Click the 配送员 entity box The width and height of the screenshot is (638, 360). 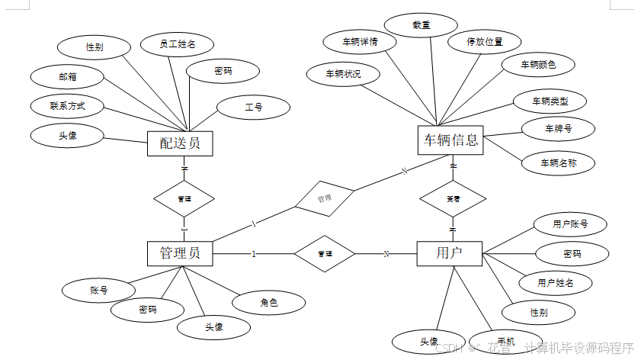pos(179,143)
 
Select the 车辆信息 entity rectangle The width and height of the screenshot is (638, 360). pos(451,140)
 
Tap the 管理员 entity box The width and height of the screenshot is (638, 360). pos(180,253)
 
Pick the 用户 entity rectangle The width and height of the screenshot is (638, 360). pos(450,253)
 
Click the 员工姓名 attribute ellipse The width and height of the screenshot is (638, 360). pos(178,45)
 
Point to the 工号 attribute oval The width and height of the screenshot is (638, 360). pos(254,108)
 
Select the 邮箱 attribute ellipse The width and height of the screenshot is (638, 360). pos(67,76)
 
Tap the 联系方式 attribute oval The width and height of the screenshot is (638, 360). pos(67,106)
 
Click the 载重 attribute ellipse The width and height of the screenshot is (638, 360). pos(421,25)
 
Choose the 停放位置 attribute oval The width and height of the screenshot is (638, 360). pos(485,42)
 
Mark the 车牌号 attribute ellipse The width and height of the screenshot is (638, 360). pos(558,129)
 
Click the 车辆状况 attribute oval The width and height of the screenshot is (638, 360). pos(343,74)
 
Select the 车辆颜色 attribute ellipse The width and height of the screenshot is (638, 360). pos(538,65)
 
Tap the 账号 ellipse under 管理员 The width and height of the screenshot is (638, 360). pos(98,290)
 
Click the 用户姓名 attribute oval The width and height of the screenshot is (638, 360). pos(555,283)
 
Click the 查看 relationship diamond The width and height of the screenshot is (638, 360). pos(453,198)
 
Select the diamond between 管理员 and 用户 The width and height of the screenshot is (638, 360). pos(325,253)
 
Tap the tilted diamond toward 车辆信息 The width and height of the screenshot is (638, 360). pos(325,198)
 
